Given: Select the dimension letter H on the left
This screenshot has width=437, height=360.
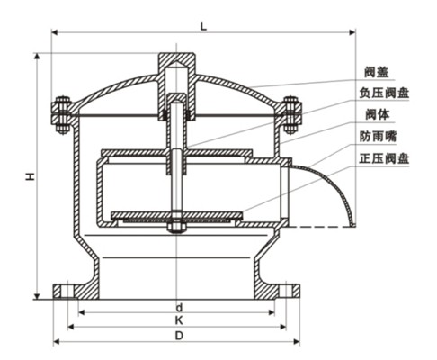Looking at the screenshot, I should (29, 179).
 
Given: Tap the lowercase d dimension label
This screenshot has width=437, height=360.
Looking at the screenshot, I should (177, 307).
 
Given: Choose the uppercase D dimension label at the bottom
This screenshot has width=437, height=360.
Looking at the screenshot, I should (177, 337).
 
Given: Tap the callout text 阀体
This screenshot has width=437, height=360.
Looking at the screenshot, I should (377, 115).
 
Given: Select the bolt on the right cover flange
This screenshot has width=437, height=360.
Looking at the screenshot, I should (291, 114).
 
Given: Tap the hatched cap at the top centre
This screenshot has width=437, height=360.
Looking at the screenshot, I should (177, 67).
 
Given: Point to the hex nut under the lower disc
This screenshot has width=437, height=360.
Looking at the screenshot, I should (177, 227).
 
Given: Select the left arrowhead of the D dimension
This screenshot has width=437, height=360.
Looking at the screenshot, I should (57, 341).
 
